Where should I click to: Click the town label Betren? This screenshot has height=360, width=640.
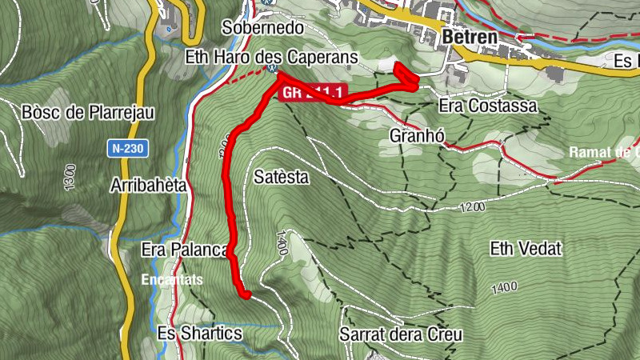[x=469, y=37]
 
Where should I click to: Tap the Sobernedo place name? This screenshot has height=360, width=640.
[x=263, y=27]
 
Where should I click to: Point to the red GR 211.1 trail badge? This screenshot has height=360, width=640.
[x=312, y=94]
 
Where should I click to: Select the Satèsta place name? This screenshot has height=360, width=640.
[x=281, y=177]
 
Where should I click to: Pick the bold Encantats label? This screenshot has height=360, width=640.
[x=173, y=280]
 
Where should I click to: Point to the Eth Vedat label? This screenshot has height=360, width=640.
[x=526, y=249]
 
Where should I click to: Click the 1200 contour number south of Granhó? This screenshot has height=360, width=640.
[x=472, y=207]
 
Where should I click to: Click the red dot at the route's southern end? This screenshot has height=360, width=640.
[x=246, y=295]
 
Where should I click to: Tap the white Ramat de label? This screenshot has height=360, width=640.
[x=604, y=152]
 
